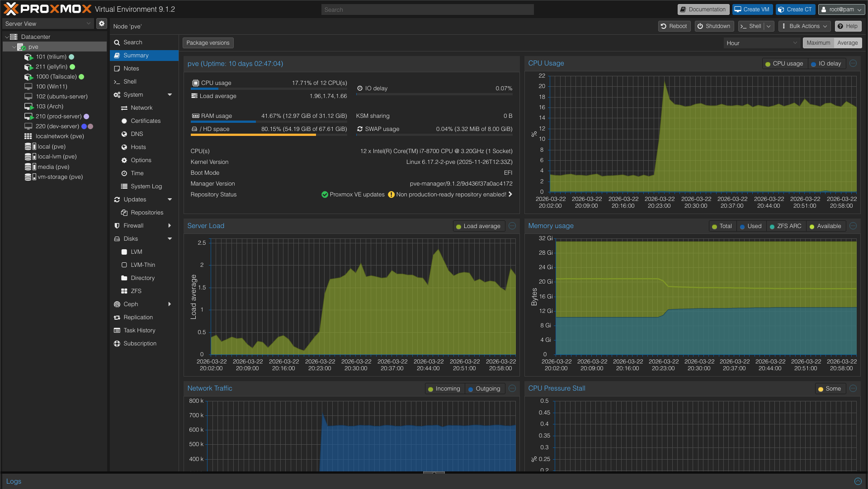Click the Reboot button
674,26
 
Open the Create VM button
752,9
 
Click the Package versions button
208,43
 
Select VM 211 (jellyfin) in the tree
51,67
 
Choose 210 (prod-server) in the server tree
58,116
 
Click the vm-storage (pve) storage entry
60,177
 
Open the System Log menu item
146,186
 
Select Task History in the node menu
139,331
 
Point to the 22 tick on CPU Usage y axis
542,76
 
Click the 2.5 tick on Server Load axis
202,243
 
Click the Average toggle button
847,43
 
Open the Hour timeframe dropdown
762,43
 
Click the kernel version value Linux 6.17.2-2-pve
459,162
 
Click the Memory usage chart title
551,226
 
